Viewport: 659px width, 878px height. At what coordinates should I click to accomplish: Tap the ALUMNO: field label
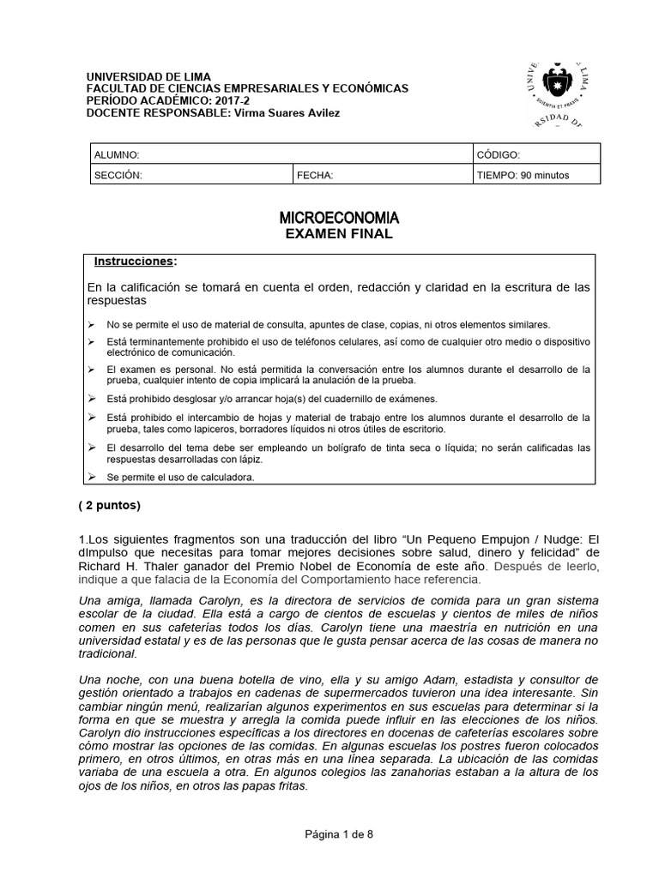116,154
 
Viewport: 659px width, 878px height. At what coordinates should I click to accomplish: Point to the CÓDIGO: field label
498,154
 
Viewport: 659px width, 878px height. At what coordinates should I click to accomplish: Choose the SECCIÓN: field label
118,175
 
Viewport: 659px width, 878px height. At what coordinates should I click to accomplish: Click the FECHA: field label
315,175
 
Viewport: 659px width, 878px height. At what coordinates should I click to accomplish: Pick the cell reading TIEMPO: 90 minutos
523,175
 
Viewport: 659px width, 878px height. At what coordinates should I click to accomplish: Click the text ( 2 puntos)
109,505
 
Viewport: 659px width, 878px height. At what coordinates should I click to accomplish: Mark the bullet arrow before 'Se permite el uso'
92,477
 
